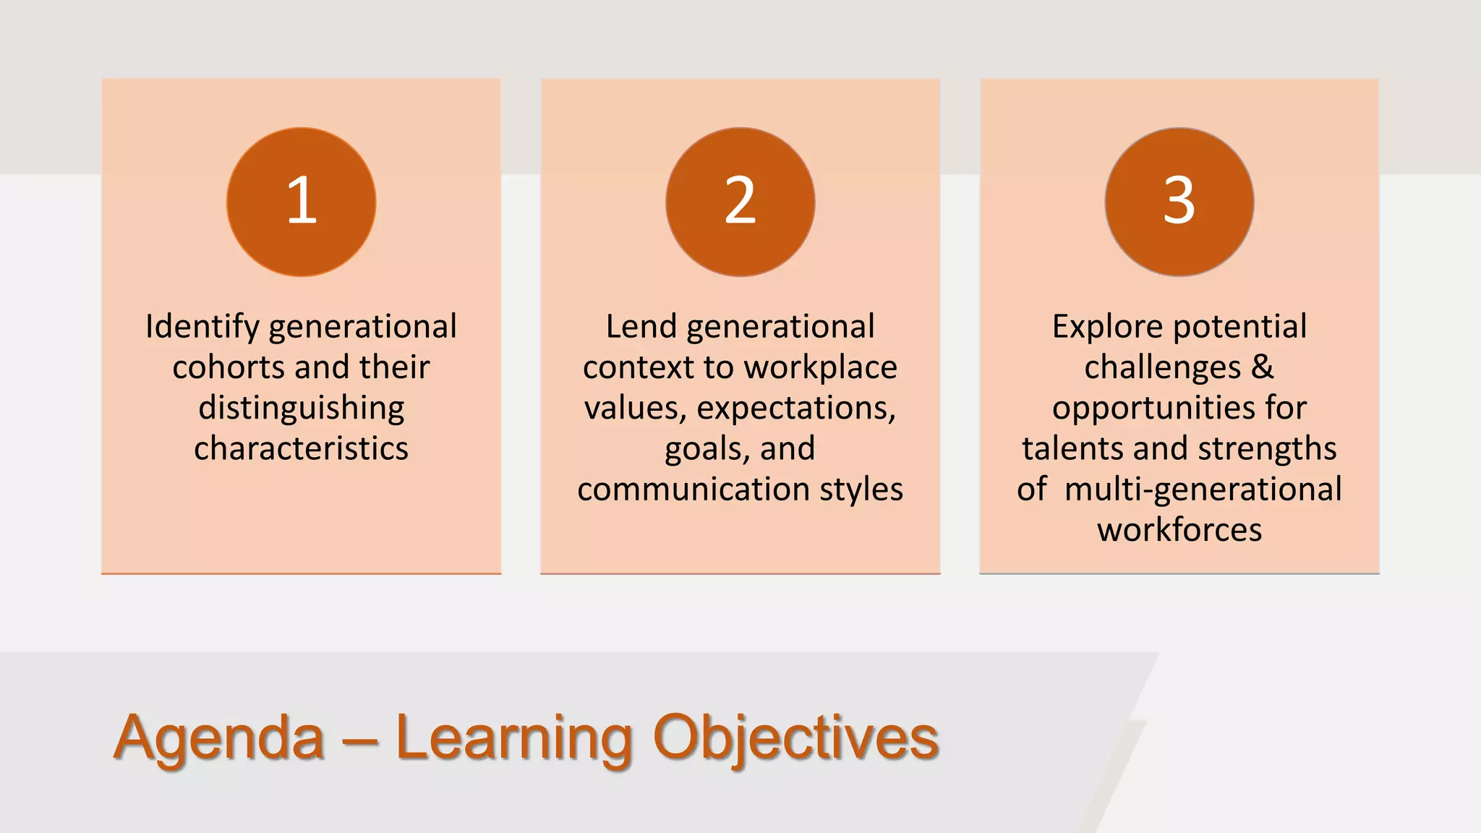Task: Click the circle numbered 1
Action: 302,202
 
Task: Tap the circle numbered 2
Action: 740,202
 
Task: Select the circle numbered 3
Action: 1179,202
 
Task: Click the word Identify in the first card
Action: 202,327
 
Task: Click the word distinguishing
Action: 302,409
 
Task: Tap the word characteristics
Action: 302,448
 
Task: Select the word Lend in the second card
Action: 641,327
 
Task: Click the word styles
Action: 861,490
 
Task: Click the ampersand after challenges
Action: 1262,367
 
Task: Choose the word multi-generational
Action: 1203,490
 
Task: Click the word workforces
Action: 1179,530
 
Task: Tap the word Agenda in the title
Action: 219,738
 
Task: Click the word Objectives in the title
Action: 795,738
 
